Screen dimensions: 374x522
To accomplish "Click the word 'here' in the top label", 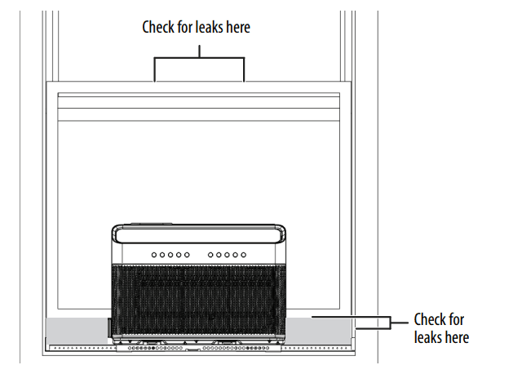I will click(x=237, y=27).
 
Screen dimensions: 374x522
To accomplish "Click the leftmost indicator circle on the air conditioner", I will click(x=153, y=256).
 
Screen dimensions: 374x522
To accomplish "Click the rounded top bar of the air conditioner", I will click(x=198, y=235).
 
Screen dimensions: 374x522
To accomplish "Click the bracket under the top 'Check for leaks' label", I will click(x=199, y=59).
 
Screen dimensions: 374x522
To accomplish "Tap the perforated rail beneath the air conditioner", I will click(x=198, y=348).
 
